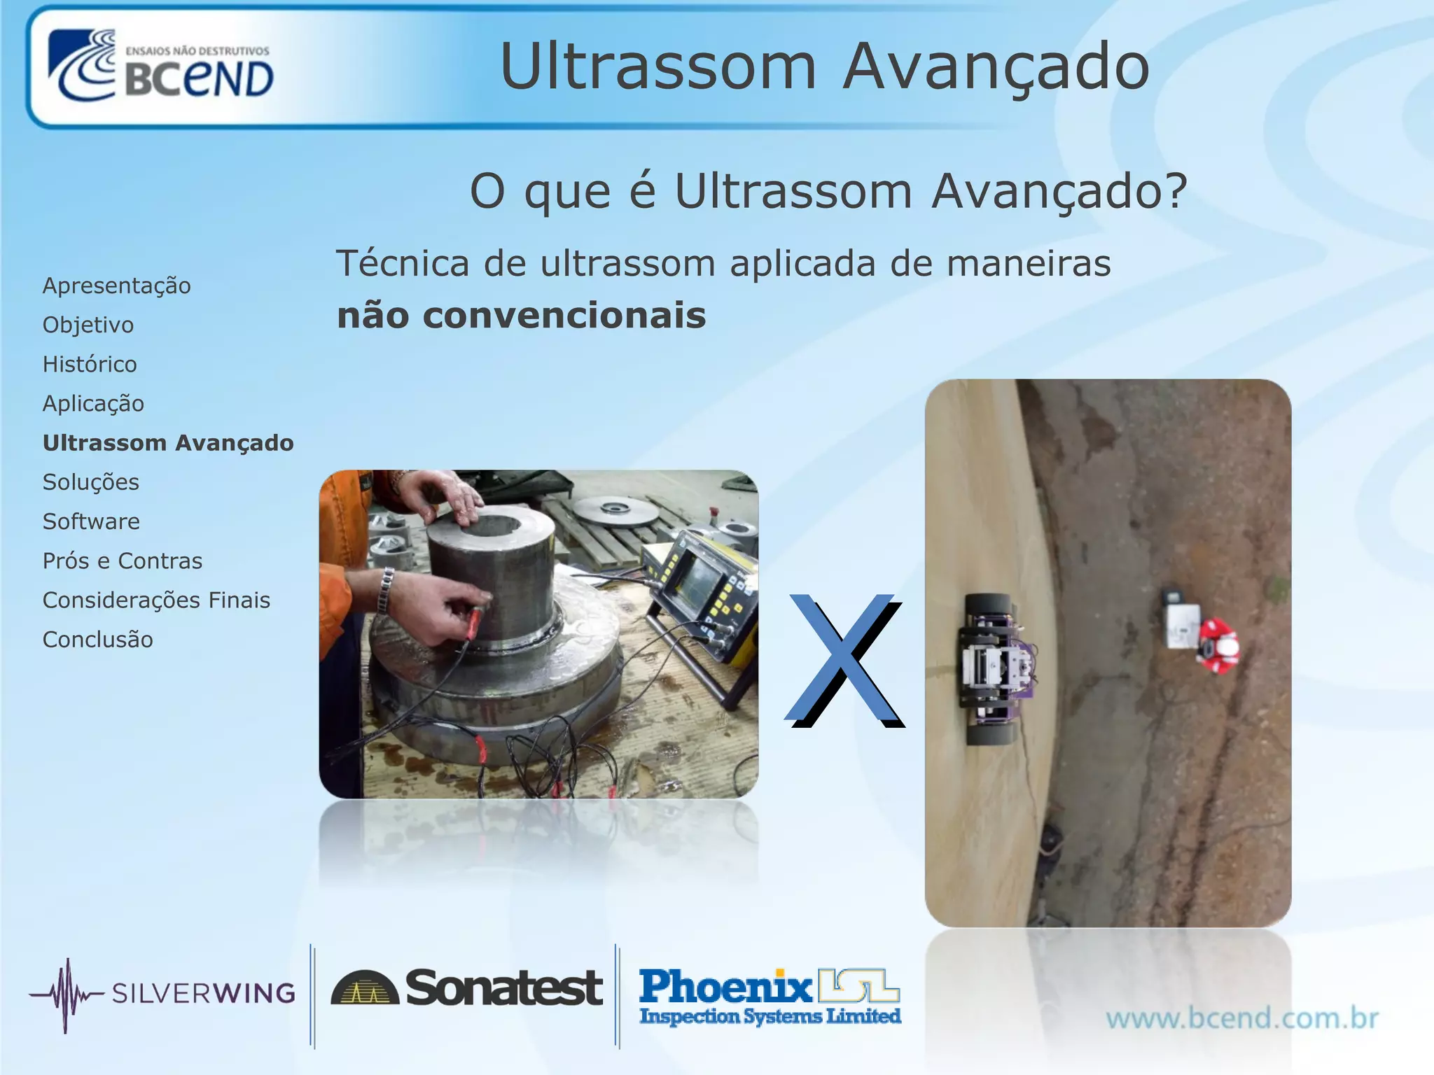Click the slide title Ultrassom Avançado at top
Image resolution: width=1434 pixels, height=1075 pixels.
tap(824, 66)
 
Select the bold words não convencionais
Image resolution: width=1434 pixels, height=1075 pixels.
tap(521, 316)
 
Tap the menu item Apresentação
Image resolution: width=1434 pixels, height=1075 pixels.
tap(116, 286)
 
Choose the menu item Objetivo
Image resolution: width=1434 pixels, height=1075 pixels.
tap(88, 325)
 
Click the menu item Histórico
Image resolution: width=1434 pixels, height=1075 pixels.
tap(90, 364)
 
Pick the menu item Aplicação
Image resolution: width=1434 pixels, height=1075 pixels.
tap(93, 404)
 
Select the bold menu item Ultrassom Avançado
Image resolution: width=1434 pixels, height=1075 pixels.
tap(168, 443)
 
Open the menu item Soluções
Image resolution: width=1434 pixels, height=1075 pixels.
tap(91, 482)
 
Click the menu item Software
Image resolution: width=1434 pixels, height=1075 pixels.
tap(91, 521)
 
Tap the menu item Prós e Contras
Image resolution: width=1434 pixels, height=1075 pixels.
tap(123, 561)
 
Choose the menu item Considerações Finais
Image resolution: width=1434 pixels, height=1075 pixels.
tap(156, 600)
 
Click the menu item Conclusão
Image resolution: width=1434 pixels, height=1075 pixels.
tap(98, 640)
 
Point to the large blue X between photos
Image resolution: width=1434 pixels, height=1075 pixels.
tap(844, 659)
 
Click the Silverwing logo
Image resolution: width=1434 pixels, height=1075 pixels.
tap(162, 994)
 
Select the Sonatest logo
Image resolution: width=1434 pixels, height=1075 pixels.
tap(466, 988)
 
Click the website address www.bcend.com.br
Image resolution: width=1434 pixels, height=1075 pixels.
tap(1241, 1018)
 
